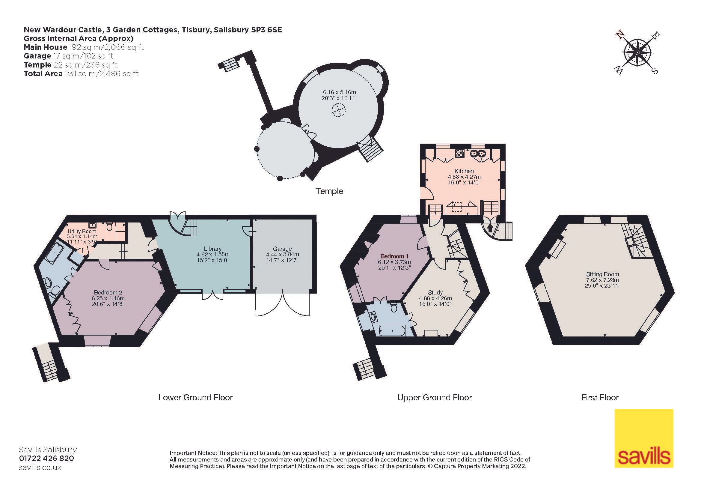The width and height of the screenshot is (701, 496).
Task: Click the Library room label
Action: [x=212, y=249]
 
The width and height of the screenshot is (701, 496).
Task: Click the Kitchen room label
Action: [x=464, y=171]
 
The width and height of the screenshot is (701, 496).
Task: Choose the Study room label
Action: [x=435, y=292]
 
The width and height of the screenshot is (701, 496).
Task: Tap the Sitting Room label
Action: [x=602, y=274]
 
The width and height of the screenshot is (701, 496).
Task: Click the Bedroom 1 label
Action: [x=394, y=256]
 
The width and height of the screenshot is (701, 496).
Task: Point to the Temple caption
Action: [x=329, y=191]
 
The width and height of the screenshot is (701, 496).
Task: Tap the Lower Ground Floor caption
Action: [x=195, y=397]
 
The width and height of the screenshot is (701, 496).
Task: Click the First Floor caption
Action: [x=600, y=397]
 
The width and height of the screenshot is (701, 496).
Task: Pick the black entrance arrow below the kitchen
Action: [x=490, y=228]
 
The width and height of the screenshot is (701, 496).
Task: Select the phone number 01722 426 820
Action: [x=46, y=458]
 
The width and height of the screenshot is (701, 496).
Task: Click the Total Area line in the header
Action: [x=81, y=73]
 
